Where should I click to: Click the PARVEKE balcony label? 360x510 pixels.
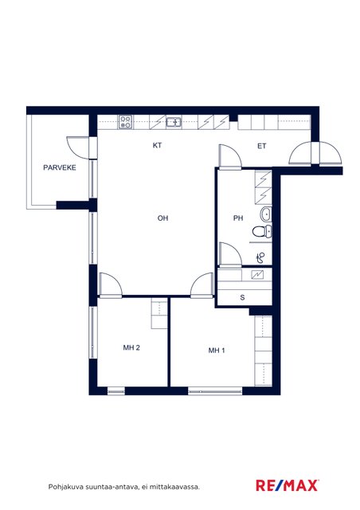60,167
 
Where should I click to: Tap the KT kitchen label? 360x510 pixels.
157,145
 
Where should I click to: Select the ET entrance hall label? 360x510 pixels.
262,146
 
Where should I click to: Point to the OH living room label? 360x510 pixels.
162,218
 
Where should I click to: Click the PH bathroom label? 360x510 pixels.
238,218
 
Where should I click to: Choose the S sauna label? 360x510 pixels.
242,297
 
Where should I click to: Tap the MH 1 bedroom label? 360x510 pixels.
217,351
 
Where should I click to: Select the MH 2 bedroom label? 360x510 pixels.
131,347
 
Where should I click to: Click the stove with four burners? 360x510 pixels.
125,122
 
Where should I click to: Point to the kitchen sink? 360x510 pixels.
174,122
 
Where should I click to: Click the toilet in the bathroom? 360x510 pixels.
262,231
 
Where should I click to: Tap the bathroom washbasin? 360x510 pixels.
266,214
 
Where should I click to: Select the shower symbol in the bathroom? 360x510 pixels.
260,258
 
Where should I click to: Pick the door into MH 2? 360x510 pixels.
110,285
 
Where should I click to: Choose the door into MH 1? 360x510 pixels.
202,285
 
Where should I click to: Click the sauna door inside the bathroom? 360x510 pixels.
230,254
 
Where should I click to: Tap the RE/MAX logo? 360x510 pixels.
288,485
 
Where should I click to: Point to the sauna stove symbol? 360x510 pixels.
257,275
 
